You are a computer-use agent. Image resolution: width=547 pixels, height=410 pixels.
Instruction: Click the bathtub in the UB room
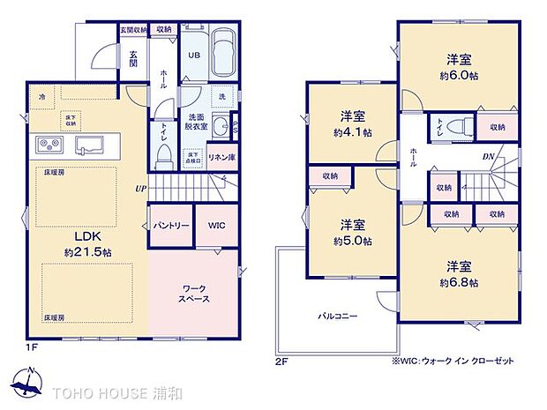coord(224,50)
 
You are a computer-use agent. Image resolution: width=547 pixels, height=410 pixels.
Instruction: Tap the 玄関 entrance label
coord(132,56)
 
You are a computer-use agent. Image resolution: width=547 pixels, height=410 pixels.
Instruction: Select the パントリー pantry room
coord(171,226)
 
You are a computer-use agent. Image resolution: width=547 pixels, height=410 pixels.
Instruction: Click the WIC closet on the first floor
coord(217,226)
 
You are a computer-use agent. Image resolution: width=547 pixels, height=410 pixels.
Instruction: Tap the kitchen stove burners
coord(49,144)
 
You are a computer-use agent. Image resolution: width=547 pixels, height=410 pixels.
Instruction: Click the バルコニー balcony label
coord(338,317)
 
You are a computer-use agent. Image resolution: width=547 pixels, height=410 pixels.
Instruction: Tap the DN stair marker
coord(488,158)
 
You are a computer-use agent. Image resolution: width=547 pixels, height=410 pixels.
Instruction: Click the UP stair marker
coord(140,189)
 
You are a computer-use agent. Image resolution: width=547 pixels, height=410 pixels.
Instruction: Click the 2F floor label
coord(281,361)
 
